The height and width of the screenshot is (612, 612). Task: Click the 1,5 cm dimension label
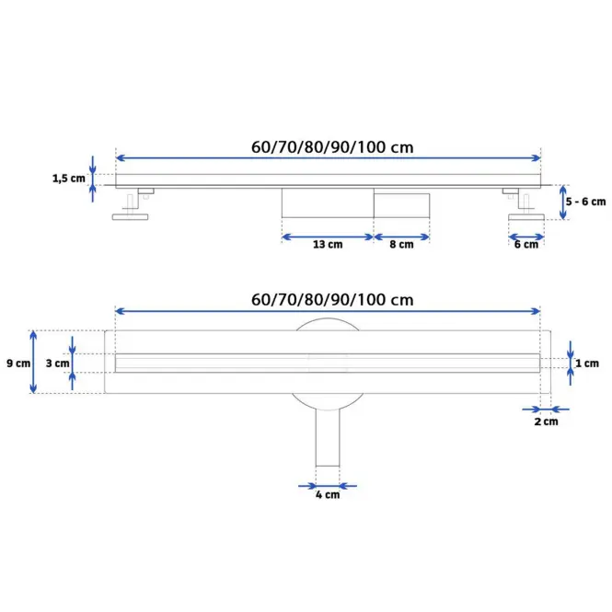point(69,179)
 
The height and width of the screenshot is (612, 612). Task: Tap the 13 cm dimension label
point(328,244)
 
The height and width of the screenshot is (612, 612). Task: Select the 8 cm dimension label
point(401,244)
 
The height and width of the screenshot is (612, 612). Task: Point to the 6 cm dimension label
point(526,245)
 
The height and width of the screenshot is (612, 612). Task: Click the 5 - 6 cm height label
point(585,202)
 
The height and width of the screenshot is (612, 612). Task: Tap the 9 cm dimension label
point(18,364)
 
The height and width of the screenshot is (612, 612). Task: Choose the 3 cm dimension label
point(57,364)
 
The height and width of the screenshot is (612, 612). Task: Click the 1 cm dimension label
point(587,364)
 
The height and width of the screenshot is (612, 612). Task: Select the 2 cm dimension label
point(546,421)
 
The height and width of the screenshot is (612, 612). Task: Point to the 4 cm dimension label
point(328,495)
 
